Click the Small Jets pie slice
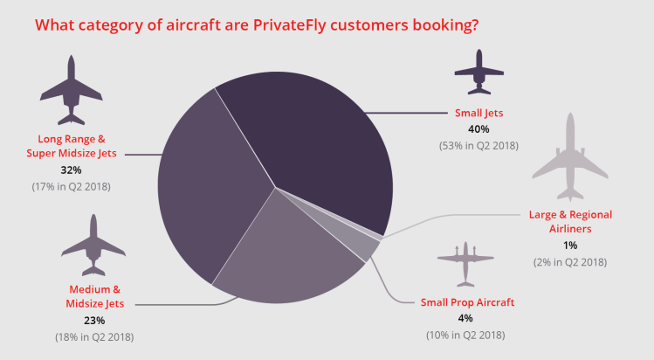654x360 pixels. [x=314, y=131]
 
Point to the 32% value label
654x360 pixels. [x=70, y=170]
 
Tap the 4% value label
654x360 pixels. [x=465, y=318]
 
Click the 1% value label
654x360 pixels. [x=570, y=245]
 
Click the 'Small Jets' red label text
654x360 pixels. [x=478, y=113]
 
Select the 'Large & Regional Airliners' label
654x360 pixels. [x=570, y=221]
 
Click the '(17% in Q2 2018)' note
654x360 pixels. [x=71, y=186]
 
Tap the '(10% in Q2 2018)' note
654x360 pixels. [x=465, y=335]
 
